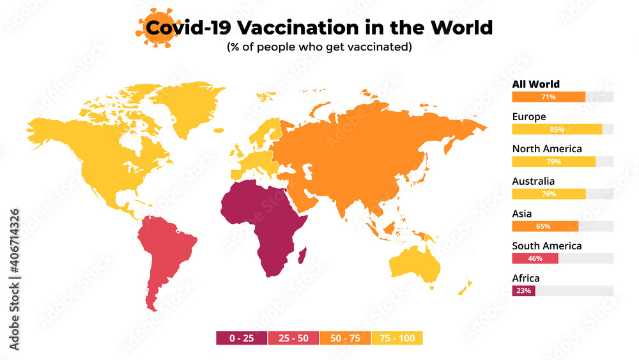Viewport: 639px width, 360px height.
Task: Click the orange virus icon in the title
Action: coord(156,28)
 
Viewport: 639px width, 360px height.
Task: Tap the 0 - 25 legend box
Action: coord(242,338)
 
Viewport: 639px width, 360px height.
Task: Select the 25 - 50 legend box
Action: coord(293,338)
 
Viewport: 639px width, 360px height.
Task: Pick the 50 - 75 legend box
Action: coord(345,338)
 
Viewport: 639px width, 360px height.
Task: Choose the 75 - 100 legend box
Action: coord(397,338)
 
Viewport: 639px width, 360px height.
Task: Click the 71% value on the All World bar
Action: coord(548,97)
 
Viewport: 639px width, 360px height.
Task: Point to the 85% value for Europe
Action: coord(557,129)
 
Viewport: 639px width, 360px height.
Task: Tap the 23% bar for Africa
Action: coord(523,291)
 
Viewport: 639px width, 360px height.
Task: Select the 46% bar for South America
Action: coord(535,258)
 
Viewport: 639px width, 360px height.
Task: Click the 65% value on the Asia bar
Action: coord(544,226)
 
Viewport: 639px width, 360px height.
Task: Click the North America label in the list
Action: coord(546,149)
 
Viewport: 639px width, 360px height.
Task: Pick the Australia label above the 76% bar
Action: coord(533,182)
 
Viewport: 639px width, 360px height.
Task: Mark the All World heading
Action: coord(535,84)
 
